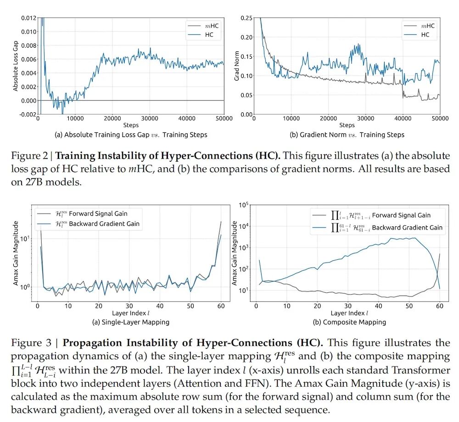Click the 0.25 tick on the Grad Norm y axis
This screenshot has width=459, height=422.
[x=246, y=18]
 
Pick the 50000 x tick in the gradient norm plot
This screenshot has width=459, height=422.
[x=440, y=119]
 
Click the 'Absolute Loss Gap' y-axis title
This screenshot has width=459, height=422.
[x=15, y=66]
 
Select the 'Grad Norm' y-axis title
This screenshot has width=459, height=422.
[x=237, y=66]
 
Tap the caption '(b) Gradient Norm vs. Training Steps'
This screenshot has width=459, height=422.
[x=347, y=135]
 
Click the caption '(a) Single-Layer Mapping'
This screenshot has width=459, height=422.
[x=130, y=322]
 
